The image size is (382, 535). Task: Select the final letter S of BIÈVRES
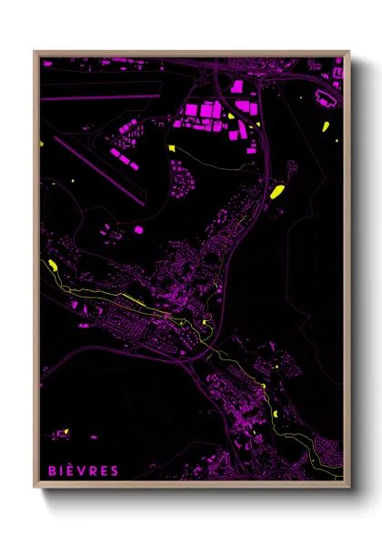[115, 470]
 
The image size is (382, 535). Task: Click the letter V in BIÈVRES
[83, 470]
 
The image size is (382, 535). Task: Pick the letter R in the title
[94, 470]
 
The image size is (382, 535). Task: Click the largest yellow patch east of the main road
[277, 191]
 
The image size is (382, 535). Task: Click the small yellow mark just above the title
[66, 431]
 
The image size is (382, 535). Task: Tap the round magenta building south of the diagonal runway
[139, 231]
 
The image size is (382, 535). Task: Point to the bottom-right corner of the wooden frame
[348, 486]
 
